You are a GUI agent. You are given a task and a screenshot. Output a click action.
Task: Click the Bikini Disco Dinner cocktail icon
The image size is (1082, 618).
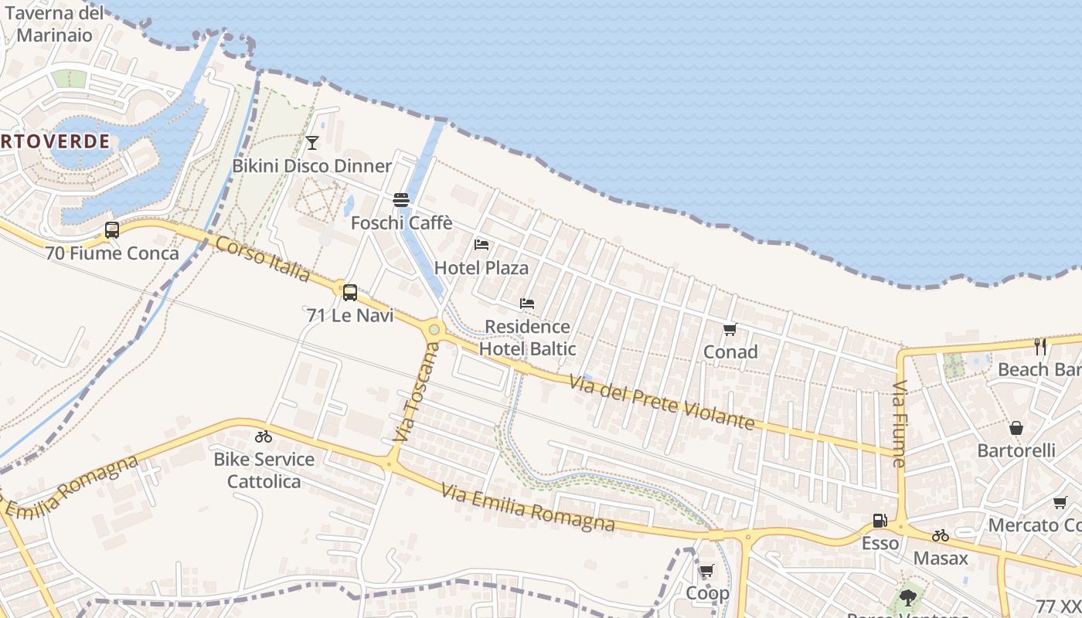(312, 143)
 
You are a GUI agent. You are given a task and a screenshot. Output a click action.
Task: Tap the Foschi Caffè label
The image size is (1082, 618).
(401, 223)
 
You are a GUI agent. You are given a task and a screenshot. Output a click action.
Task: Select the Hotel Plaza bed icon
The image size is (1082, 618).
(481, 245)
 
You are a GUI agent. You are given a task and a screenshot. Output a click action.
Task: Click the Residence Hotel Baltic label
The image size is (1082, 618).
(527, 338)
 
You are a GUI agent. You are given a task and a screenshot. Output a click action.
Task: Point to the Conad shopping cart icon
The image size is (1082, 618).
(730, 330)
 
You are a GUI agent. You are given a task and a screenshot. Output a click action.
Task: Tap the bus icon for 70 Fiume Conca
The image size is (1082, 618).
(112, 230)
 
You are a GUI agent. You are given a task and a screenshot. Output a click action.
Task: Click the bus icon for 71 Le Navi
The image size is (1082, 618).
(350, 293)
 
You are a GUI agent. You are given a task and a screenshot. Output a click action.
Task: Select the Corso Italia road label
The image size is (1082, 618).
(263, 260)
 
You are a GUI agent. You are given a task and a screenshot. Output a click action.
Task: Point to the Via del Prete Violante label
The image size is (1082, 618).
(662, 402)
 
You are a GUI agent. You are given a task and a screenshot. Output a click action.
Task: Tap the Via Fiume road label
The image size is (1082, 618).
(900, 424)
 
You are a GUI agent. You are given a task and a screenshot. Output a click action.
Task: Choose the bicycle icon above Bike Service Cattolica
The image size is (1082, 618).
(264, 436)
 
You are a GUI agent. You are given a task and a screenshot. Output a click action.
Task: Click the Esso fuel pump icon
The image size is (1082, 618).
(880, 521)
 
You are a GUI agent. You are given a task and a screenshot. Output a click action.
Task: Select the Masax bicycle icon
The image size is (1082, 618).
(941, 535)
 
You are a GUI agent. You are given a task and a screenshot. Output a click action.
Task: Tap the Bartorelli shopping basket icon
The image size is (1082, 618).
(1016, 428)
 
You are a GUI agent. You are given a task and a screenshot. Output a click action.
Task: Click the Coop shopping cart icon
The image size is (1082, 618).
(706, 572)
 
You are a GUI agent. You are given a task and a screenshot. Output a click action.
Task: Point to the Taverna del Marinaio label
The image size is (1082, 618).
(54, 24)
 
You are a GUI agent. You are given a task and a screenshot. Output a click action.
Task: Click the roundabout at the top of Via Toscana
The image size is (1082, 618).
(434, 330)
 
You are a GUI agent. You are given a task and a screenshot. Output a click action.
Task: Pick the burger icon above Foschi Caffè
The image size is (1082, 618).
(401, 200)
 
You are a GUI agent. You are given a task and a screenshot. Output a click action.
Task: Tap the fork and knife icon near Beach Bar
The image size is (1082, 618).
(1040, 347)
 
